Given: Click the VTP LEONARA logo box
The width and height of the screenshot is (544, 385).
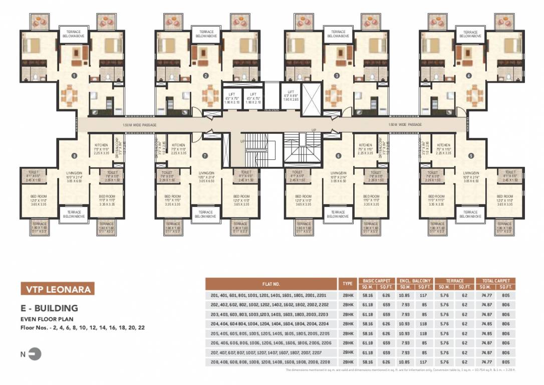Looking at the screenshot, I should [x=56, y=289].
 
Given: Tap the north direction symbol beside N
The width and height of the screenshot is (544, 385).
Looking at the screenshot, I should [x=35, y=354].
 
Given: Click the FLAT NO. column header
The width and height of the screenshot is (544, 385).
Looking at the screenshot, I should [x=271, y=283].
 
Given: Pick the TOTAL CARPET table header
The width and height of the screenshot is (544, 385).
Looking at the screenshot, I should [x=496, y=281].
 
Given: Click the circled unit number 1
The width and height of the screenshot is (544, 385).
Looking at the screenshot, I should [x=74, y=76].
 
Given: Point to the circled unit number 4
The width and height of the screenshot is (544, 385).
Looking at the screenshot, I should [x=468, y=76].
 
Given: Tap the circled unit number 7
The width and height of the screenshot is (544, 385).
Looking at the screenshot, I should [x=205, y=155].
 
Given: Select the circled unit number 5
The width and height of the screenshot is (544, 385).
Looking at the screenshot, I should [x=471, y=155].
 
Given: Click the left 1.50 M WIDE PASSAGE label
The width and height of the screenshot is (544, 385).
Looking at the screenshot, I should [x=140, y=125].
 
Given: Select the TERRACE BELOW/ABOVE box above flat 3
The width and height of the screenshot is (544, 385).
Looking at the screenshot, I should [x=337, y=34].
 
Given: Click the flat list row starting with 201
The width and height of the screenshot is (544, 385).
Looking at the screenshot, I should [x=271, y=296].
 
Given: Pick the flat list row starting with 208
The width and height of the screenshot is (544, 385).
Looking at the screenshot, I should [x=271, y=361].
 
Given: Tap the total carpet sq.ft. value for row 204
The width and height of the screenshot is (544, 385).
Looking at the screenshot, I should [x=505, y=324].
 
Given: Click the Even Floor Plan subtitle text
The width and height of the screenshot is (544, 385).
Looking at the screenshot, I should [x=43, y=318].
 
